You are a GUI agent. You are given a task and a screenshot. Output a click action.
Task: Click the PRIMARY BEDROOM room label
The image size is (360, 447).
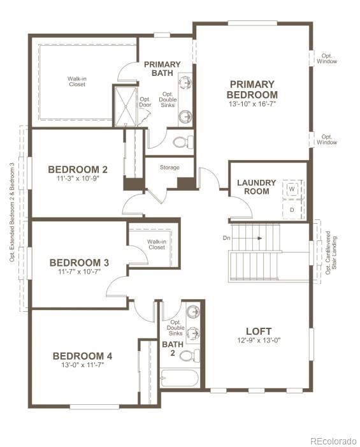pos(252,89)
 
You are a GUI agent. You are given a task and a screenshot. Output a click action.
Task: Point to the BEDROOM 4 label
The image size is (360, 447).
pos(82,356)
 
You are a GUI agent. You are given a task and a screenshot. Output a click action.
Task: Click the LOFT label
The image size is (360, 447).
pos(259,331)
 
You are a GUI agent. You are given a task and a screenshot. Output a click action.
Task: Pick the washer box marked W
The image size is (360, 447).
pos(292,189)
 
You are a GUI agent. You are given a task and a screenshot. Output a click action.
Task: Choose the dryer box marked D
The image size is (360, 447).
pos(292,209)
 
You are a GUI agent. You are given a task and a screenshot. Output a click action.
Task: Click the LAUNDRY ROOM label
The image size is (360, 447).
pos(256,187)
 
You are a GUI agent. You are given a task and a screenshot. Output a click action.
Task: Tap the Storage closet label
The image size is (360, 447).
pos(169,168)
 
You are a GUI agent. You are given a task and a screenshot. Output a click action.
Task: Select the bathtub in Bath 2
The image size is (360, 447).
pos(179,378)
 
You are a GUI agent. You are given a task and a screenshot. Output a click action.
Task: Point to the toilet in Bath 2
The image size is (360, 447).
pos(193,355)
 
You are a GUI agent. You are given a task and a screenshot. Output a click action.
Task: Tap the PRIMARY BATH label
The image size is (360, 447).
pos(162,68)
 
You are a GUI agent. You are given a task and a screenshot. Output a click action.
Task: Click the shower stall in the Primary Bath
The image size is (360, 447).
pos(125,106)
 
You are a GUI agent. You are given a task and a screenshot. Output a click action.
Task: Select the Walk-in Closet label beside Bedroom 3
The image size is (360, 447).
pos(156,244)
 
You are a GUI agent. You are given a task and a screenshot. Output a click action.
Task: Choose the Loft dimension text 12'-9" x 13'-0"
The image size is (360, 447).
pos(259,341)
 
